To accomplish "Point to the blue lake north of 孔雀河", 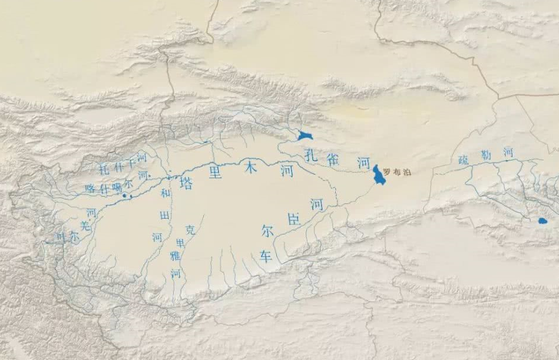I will click(x=305, y=136).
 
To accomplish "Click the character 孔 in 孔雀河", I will click(x=312, y=155).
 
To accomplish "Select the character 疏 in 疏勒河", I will click(x=464, y=160).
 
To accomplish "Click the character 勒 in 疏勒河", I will click(x=485, y=156).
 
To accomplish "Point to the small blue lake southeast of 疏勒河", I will click(x=542, y=221).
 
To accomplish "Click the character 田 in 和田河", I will click(x=164, y=216).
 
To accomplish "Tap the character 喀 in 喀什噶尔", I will click(x=90, y=189).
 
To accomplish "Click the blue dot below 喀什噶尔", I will click(x=124, y=195).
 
